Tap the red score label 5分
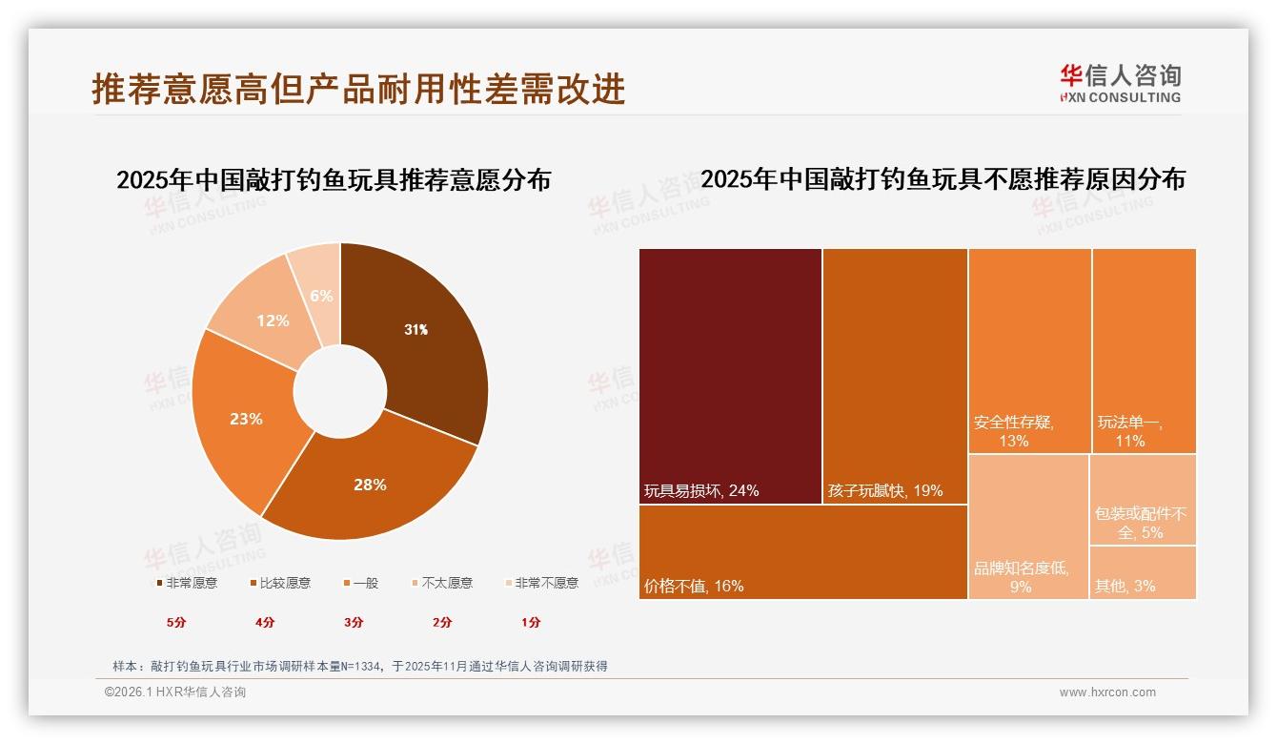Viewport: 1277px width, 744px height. click(177, 622)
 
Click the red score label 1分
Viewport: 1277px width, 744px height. click(531, 622)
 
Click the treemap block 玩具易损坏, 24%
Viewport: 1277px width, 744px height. click(730, 376)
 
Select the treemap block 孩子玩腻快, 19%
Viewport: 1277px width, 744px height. click(895, 376)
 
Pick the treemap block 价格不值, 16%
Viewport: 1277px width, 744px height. click(802, 551)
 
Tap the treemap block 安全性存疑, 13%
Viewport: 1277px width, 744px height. click(1029, 350)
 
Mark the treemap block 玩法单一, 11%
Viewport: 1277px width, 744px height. click(1144, 350)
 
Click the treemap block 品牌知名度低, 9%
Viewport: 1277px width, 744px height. click(1028, 527)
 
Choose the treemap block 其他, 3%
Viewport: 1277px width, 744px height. click(1143, 572)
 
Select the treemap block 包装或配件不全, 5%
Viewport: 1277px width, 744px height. click(1143, 499)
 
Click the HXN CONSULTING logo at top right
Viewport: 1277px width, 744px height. click(1120, 84)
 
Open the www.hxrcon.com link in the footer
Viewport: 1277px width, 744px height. click(1107, 692)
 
